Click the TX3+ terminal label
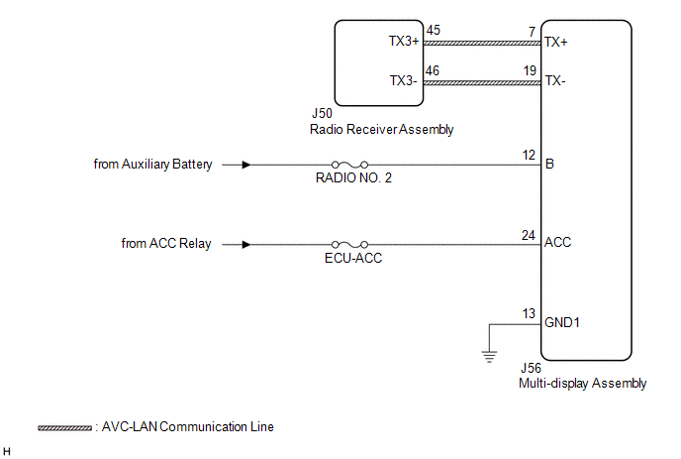pos(404,41)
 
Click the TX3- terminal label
pos(403,80)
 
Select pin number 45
pos(433,30)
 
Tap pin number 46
pos(433,70)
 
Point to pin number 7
pos(533,32)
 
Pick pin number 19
pos(530,70)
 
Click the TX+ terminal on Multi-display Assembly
pos(556,42)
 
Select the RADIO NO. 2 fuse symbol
pos(349,165)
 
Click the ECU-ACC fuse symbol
pos(349,245)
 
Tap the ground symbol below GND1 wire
pos(489,357)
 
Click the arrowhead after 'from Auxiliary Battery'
pos(246,165)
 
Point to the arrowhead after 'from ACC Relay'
pos(246,245)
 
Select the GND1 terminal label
pos(562,322)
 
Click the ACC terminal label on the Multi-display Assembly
pos(557,242)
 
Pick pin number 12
pos(529,155)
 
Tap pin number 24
pos(529,235)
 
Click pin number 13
pos(529,313)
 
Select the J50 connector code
pos(322,113)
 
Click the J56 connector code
pos(531,368)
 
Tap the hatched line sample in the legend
pos(64,428)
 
